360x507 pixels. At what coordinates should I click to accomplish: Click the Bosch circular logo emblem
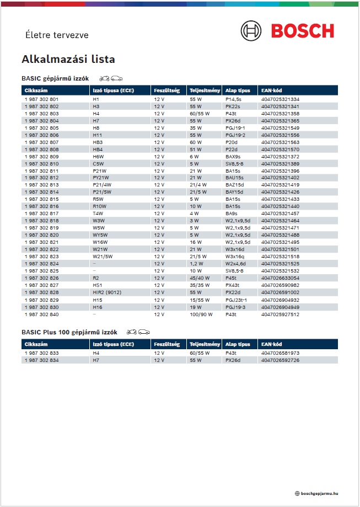pos(252,30)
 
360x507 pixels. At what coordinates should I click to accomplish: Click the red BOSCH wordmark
pos(302,30)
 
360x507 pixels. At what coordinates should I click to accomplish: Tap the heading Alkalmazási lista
pos(68,59)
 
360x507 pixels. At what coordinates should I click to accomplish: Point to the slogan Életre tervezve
pos(57,34)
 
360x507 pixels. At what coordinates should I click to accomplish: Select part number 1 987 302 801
pos(42,99)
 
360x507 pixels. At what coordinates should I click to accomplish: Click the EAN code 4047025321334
pos(280,99)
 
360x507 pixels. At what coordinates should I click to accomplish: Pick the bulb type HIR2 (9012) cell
pos(107,292)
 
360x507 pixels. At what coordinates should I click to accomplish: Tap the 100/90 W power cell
pos(201,314)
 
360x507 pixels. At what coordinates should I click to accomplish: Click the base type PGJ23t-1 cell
pos(237,300)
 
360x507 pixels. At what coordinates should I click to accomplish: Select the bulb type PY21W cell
pos(101,178)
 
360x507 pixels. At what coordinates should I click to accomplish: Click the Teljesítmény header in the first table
pos(205,90)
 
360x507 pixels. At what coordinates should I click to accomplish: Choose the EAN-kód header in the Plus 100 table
pos(272,344)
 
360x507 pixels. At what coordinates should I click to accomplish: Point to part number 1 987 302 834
pos(42,360)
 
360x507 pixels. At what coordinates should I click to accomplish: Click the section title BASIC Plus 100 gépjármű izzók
pos(69,332)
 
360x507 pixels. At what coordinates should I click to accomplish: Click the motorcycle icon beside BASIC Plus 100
pos(132,332)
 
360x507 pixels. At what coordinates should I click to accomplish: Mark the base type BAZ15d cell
pos(235,185)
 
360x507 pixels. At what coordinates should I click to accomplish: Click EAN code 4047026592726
pos(280,360)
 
